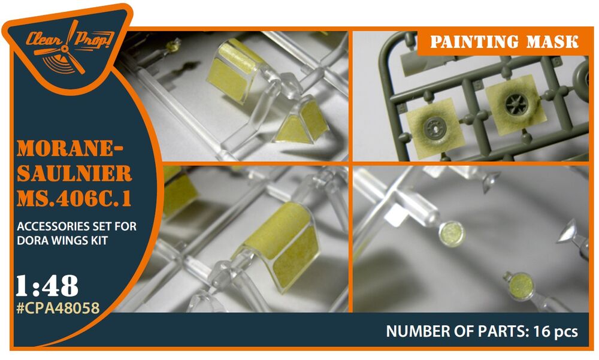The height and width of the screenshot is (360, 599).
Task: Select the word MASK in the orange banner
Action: (x=552, y=42)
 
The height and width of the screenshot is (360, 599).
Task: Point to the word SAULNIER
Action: (x=74, y=174)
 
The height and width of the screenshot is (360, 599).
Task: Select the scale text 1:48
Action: (x=47, y=286)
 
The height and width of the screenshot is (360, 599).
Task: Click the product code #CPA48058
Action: (x=58, y=308)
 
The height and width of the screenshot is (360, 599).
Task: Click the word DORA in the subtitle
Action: (x=33, y=240)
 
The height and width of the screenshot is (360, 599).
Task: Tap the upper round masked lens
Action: (x=451, y=234)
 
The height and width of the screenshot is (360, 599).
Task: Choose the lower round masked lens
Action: (x=521, y=287)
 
